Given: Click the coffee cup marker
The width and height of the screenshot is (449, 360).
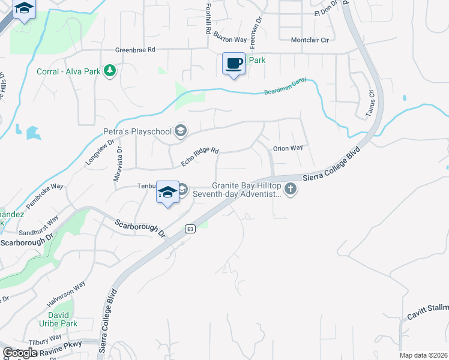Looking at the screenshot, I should pos(234,63).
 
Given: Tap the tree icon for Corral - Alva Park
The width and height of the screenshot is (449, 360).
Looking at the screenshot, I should pos(109,71).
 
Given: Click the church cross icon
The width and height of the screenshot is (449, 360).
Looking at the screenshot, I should pos(291,190).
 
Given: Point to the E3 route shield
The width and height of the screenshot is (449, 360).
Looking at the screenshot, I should pos(190,229).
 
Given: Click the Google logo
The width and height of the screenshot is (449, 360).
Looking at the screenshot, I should pos(20,353).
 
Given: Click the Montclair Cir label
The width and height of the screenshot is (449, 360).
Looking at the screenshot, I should pos(310,40).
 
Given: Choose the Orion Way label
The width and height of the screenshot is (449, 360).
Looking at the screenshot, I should pos(288,148).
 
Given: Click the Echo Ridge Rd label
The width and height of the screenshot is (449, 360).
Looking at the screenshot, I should pos(200,158).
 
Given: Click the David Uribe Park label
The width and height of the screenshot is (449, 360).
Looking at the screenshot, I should pos(62,319).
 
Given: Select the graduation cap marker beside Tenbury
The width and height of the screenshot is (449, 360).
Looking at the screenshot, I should pos(167,191).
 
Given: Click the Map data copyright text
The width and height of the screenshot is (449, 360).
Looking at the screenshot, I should pos(423,355).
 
